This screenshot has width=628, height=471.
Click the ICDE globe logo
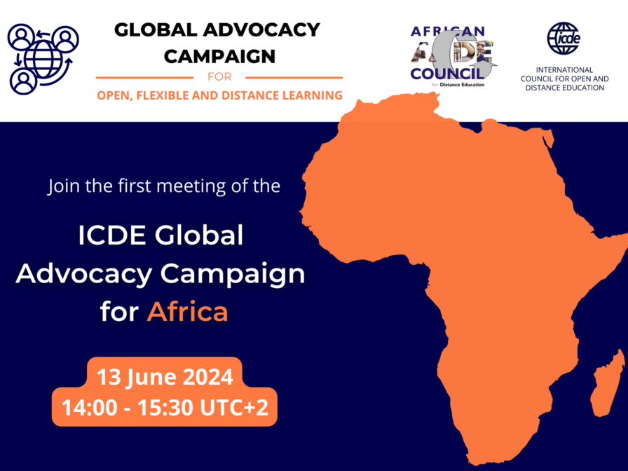(x=564, y=38)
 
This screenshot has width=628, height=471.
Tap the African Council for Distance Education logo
(x=453, y=57)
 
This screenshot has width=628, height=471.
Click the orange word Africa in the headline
(x=187, y=311)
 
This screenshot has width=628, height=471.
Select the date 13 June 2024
(x=165, y=377)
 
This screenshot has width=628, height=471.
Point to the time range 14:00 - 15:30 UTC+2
(x=165, y=407)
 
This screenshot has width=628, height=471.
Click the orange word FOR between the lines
(x=219, y=76)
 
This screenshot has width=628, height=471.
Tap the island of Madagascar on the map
(x=607, y=383)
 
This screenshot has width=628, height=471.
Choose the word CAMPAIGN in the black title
(x=219, y=57)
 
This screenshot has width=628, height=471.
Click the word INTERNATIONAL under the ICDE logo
(x=564, y=69)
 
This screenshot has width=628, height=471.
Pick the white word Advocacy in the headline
(x=83, y=275)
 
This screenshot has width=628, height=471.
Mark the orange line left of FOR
(x=144, y=77)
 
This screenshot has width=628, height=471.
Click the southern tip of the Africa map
(x=472, y=463)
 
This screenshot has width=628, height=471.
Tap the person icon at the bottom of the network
(x=23, y=82)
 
